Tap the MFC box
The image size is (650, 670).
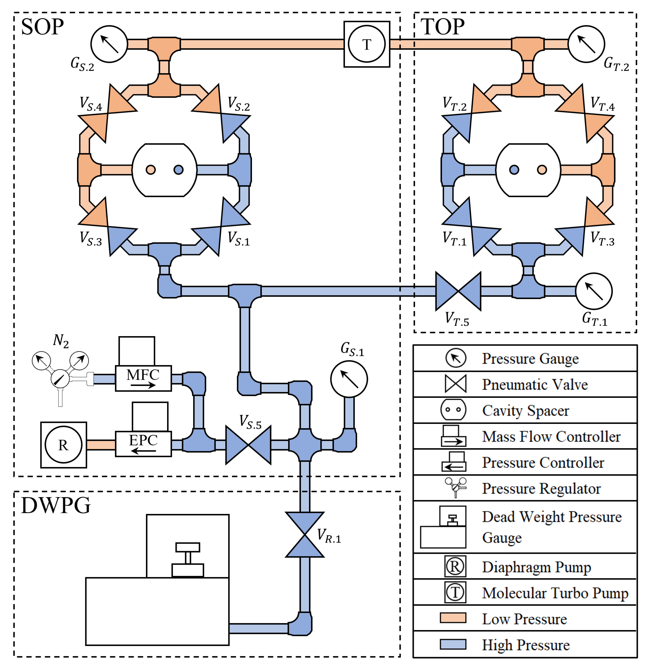[x=143, y=378]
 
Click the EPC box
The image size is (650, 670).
[x=143, y=444]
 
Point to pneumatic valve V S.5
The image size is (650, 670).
[x=248, y=444]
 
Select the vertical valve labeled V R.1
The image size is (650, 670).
[x=304, y=534]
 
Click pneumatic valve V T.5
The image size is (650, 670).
[x=458, y=291]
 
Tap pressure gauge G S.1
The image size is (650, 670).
[x=349, y=379]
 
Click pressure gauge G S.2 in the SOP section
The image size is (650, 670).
[x=109, y=44]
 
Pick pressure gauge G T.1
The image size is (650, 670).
[x=594, y=291]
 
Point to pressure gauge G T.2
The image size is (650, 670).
[x=586, y=44]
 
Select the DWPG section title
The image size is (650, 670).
[x=56, y=505]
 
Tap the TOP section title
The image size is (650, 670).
[x=442, y=26]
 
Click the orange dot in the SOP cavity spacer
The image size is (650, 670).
[x=150, y=170]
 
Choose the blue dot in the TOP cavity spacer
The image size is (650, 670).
[x=514, y=170]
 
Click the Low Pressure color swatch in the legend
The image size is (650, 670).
[x=453, y=618]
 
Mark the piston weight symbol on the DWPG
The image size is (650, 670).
[x=187, y=559]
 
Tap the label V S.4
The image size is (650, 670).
[x=91, y=104]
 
